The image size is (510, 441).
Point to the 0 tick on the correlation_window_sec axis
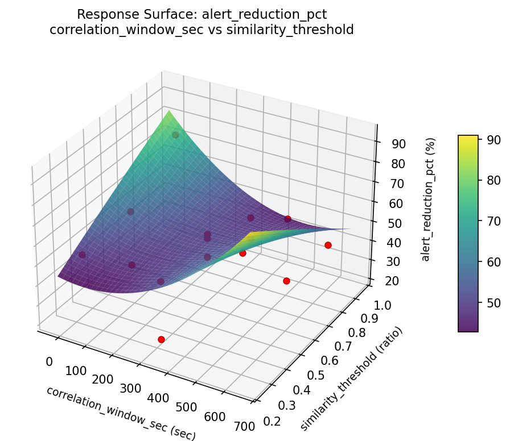[x=49, y=362]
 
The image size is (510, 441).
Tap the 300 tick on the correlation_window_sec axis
[x=131, y=389]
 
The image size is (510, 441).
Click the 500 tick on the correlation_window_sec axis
[x=186, y=407]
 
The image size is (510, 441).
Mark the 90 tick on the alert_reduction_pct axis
[x=398, y=144]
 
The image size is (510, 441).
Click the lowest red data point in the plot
[x=161, y=339]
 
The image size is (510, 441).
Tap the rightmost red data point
[x=328, y=245]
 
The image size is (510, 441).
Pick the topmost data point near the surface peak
[x=176, y=135]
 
